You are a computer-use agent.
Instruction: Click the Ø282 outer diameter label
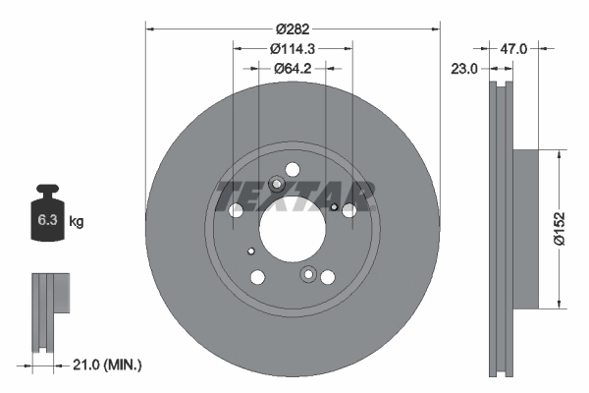pos(294,29)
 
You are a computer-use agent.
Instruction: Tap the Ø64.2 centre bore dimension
pos(294,68)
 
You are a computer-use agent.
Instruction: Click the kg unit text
pos(77,222)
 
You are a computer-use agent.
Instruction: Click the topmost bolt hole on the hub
pos(291,168)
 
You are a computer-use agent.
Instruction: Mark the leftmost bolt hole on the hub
pos(236,210)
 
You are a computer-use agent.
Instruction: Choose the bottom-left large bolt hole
pos(258,277)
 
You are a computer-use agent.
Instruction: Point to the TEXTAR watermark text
pos(294,196)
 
